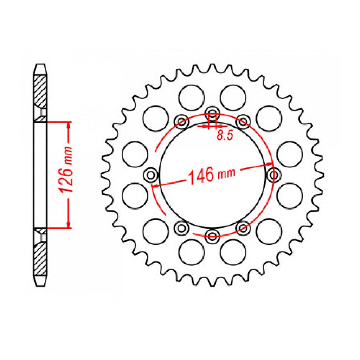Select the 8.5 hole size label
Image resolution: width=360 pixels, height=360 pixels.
tap(225, 136)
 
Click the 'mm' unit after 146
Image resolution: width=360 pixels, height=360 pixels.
tap(227, 172)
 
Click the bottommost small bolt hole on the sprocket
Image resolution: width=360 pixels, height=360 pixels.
tap(212, 236)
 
